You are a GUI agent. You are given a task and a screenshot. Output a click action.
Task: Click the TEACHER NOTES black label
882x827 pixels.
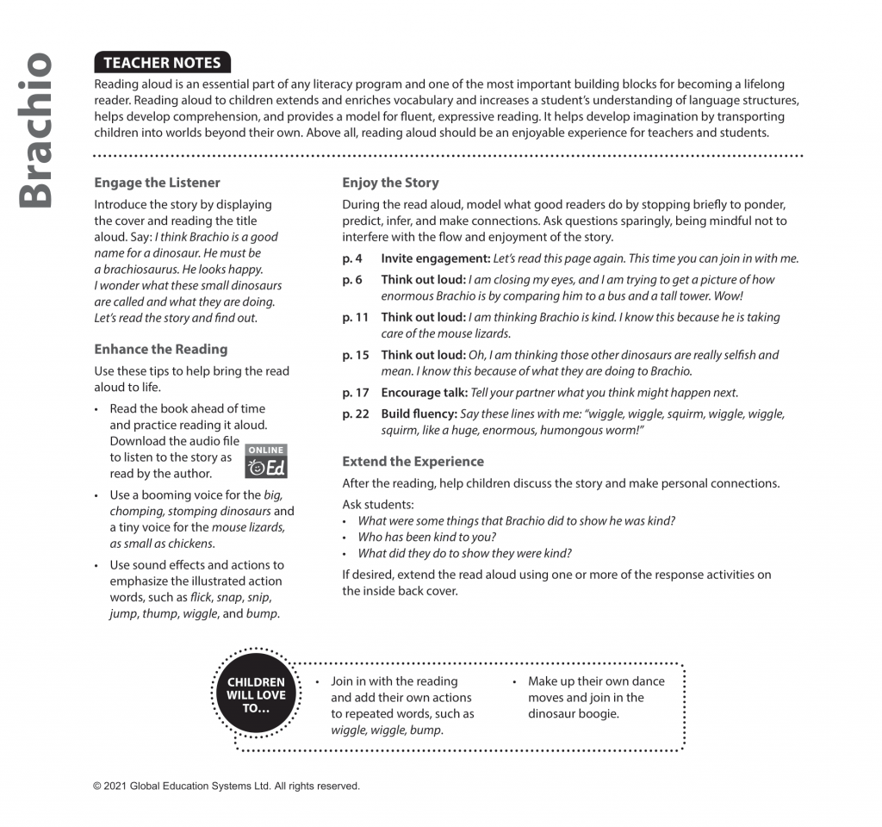[x=162, y=62]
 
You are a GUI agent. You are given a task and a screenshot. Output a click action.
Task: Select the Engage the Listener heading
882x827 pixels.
[x=157, y=183]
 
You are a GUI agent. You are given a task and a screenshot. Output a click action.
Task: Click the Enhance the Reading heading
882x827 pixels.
[x=160, y=349]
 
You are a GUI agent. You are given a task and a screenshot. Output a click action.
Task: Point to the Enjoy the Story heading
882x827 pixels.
[x=390, y=183]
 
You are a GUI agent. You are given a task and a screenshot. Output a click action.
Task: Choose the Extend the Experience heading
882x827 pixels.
[x=413, y=461]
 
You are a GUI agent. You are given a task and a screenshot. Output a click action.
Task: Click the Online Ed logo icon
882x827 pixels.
[x=265, y=462]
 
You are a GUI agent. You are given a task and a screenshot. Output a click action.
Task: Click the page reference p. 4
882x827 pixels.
[x=352, y=258]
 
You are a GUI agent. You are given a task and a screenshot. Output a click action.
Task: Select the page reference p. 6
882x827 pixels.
[x=352, y=279]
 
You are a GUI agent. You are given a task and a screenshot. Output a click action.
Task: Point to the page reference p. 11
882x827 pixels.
[x=355, y=317]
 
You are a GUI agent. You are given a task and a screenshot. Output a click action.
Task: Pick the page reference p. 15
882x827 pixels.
[x=355, y=355]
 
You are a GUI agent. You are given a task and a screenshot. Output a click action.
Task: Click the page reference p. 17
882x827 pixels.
[x=355, y=393]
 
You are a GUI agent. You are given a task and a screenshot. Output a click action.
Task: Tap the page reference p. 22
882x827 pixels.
[x=355, y=413]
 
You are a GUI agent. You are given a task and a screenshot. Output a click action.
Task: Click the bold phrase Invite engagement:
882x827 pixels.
[x=435, y=258]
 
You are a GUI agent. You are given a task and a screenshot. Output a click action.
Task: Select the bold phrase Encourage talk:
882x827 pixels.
[x=424, y=393]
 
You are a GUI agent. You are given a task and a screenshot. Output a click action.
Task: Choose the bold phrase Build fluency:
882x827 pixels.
[x=419, y=413]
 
